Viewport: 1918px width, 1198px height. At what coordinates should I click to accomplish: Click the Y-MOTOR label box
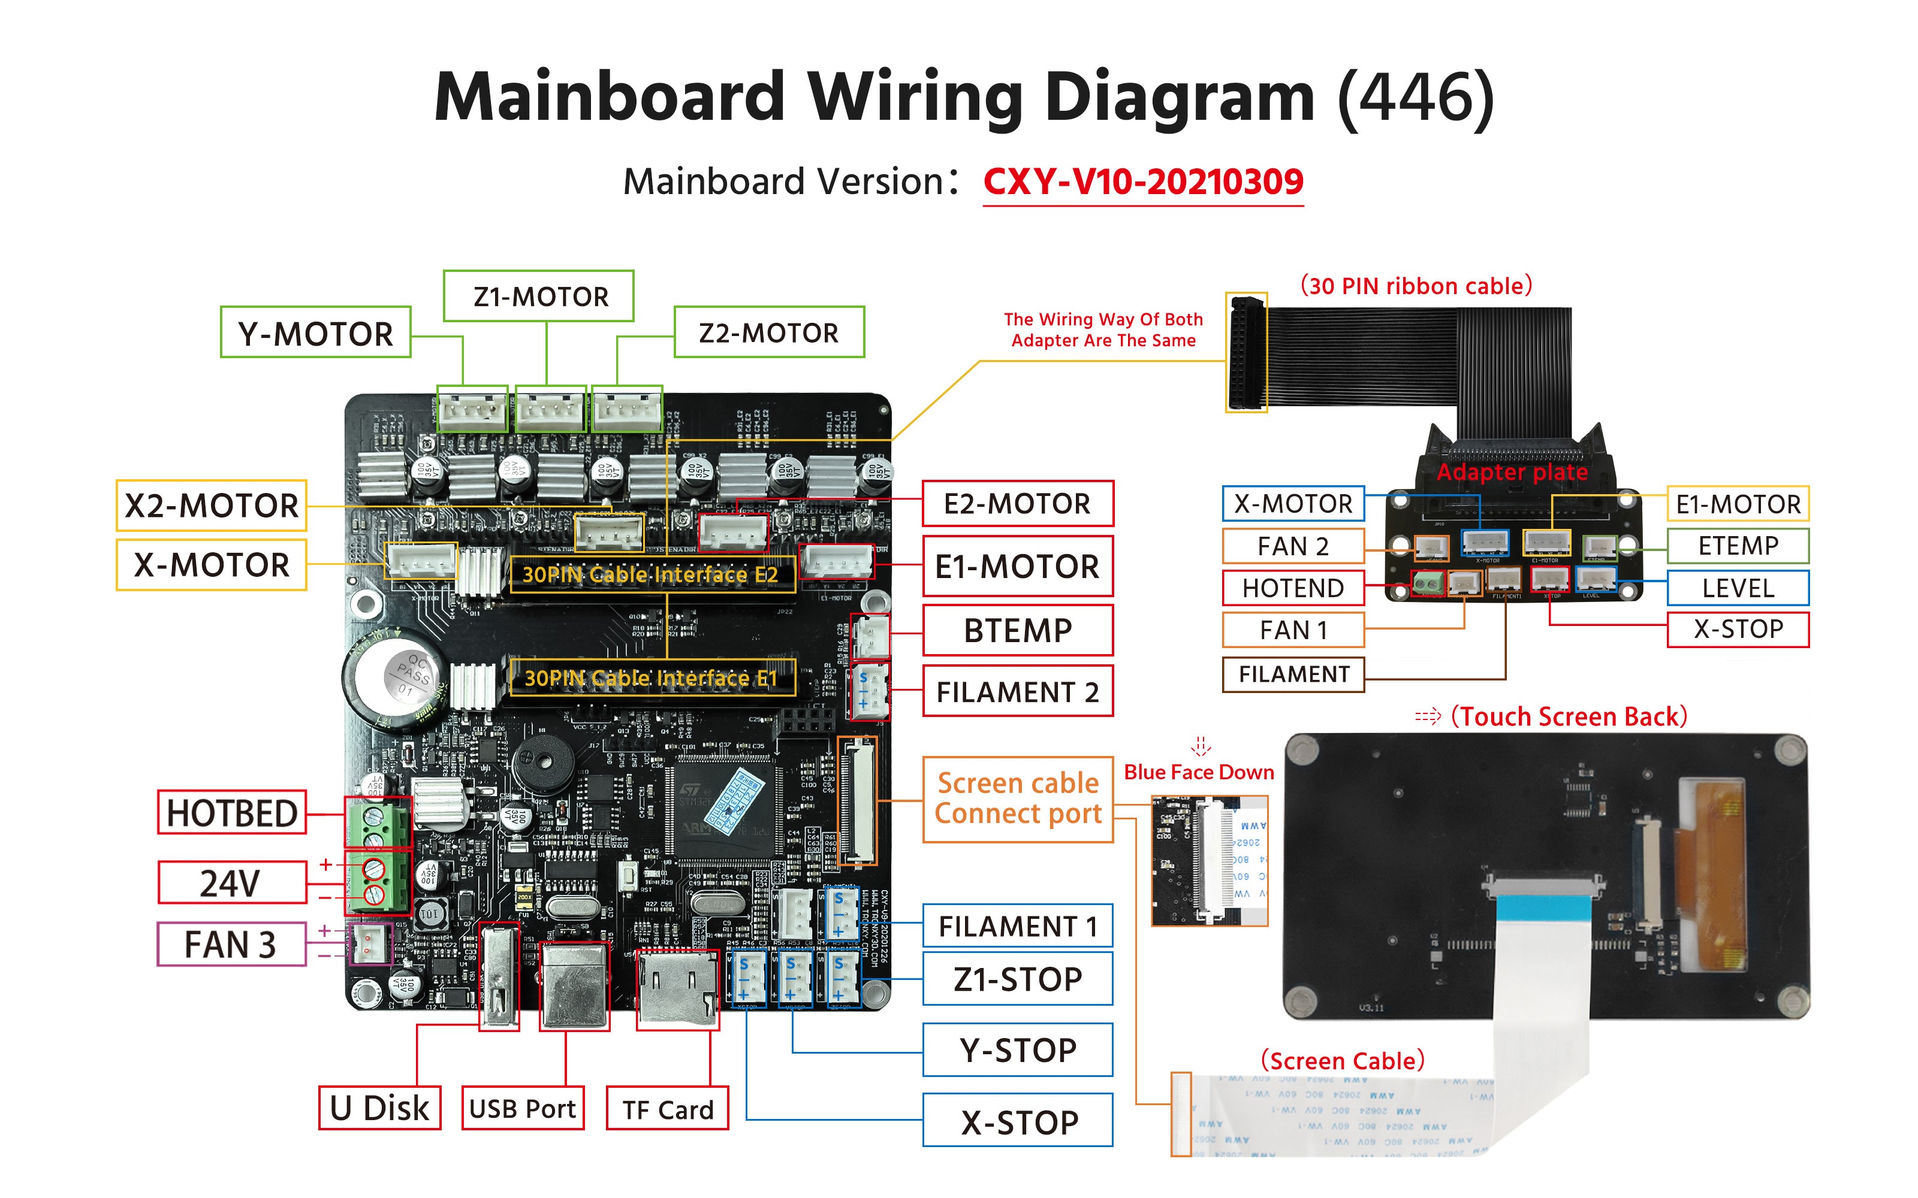(x=315, y=333)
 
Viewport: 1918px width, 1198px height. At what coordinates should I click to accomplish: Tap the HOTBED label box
(x=232, y=813)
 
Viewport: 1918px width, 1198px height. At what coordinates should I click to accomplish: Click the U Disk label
(x=379, y=1108)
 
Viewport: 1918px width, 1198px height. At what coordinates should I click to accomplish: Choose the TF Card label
(x=667, y=1109)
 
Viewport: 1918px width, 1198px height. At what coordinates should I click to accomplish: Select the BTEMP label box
(x=1018, y=631)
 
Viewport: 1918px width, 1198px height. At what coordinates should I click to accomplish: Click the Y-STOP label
(x=1018, y=1051)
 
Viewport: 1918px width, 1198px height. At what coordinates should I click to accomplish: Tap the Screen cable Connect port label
(x=1018, y=798)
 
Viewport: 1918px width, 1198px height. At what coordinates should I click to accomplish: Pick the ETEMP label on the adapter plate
(x=1738, y=546)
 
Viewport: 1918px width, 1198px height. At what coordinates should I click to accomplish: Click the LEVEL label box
(x=1738, y=588)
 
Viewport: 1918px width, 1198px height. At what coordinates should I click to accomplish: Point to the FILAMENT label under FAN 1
(x=1293, y=674)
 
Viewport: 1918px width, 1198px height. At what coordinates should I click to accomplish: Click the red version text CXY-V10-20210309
(x=1143, y=182)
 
